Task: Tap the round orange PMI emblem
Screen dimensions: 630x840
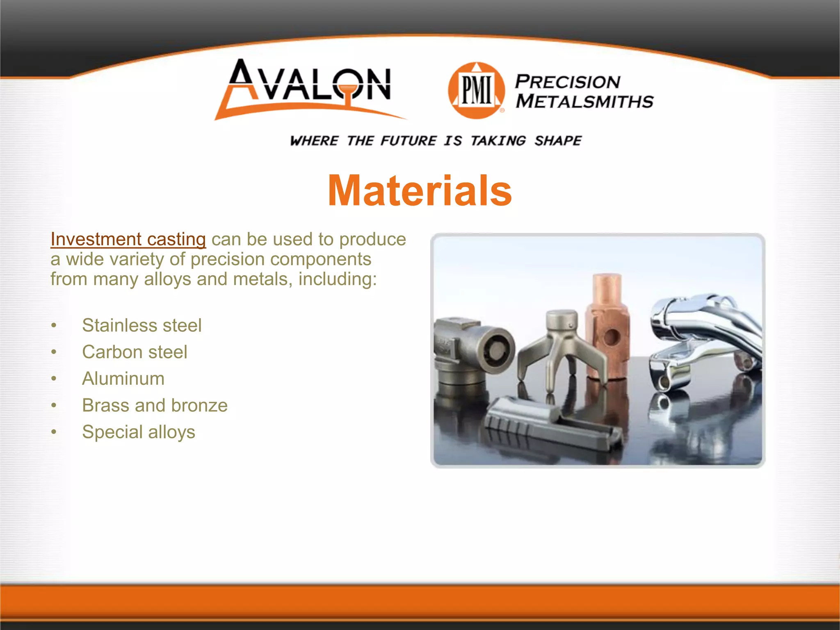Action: (x=476, y=91)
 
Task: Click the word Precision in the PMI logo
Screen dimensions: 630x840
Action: (x=568, y=82)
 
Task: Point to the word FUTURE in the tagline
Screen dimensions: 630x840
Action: (x=409, y=141)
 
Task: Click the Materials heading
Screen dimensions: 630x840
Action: (x=420, y=191)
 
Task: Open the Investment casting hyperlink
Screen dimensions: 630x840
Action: (x=128, y=239)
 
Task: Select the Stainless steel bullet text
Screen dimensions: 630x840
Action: (x=142, y=325)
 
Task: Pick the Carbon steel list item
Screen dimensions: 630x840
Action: (x=135, y=352)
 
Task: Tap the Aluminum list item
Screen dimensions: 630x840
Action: (x=123, y=379)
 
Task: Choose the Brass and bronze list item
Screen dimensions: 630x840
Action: (x=155, y=405)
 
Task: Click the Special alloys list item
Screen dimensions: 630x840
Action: (x=139, y=432)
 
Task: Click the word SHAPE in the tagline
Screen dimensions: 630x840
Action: (x=558, y=141)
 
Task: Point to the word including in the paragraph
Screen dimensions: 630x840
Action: (x=337, y=279)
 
